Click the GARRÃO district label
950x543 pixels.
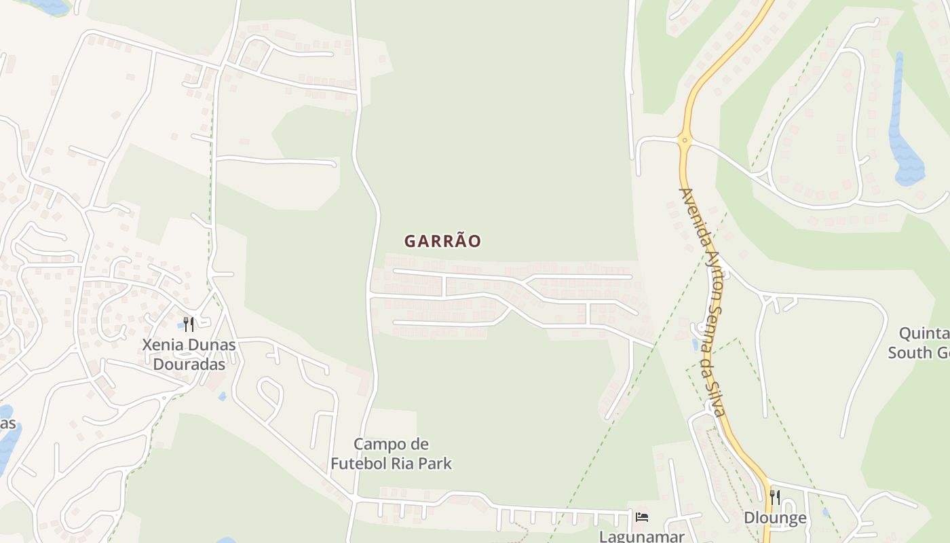(x=442, y=241)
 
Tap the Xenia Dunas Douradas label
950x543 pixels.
(x=189, y=354)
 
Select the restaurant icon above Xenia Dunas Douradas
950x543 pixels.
(x=189, y=324)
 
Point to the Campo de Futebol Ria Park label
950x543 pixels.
(x=391, y=454)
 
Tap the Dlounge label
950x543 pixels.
(x=775, y=518)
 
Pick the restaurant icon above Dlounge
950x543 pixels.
(x=775, y=498)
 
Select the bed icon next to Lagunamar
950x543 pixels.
(x=641, y=517)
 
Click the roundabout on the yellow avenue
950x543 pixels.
(x=684, y=141)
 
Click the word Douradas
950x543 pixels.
(x=189, y=364)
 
